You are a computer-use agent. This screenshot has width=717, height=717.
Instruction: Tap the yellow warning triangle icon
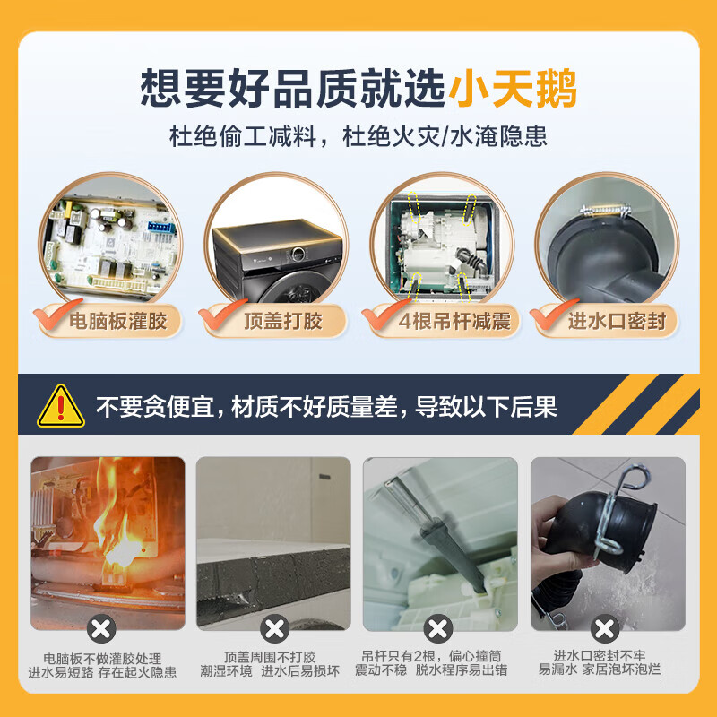(x=61, y=406)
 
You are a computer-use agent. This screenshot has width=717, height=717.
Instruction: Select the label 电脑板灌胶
(x=118, y=320)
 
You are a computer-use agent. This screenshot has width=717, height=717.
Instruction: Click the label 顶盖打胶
(x=281, y=320)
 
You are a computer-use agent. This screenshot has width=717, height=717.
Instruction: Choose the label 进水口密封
(x=617, y=320)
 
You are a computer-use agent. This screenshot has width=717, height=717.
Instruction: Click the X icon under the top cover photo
(x=273, y=627)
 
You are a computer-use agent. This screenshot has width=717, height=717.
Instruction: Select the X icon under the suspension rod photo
(x=438, y=627)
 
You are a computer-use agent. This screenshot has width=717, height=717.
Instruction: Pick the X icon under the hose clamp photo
(x=606, y=627)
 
